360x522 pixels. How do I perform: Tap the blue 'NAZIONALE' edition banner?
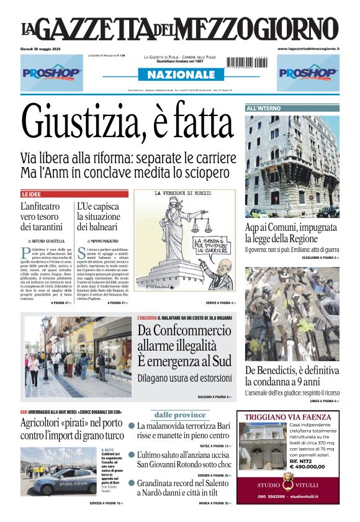point(180,74)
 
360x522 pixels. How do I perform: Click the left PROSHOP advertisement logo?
point(52,73)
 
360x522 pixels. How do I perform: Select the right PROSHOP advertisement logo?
point(308,73)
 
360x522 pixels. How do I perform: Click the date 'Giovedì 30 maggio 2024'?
point(47,48)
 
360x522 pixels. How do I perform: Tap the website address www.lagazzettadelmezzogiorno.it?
point(308,48)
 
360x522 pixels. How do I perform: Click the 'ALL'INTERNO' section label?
point(264,109)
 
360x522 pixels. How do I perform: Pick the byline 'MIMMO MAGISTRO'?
point(103,240)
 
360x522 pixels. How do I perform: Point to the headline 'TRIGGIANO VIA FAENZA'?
point(288,416)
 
